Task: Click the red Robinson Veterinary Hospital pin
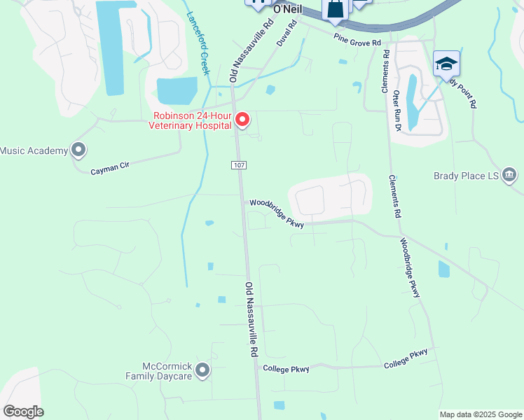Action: (242, 120)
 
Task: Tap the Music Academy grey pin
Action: (78, 150)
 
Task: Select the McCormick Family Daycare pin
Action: (203, 370)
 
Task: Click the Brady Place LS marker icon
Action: (509, 174)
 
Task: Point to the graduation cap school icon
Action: (446, 64)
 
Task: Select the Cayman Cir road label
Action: (110, 166)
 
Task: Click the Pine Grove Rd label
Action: (357, 39)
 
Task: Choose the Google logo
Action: (23, 412)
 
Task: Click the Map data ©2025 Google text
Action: (481, 414)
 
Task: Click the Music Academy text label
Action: (34, 150)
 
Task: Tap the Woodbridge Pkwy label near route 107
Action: (277, 213)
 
